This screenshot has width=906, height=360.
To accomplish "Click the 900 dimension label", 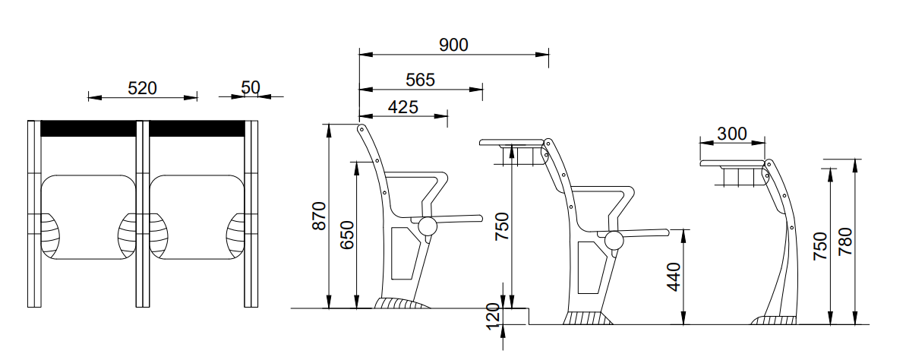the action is point(453,45).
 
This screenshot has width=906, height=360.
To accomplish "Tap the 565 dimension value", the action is point(420,80).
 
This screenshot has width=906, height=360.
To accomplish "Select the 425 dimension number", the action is point(402,107).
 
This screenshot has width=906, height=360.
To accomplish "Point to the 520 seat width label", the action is point(142,88).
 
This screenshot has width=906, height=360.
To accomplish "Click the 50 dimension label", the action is point(251,87).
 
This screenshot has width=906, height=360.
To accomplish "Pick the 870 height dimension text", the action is point(319,216).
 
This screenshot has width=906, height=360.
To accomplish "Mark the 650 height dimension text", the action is point(347,235).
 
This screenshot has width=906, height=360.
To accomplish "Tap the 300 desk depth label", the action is point(732,134).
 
